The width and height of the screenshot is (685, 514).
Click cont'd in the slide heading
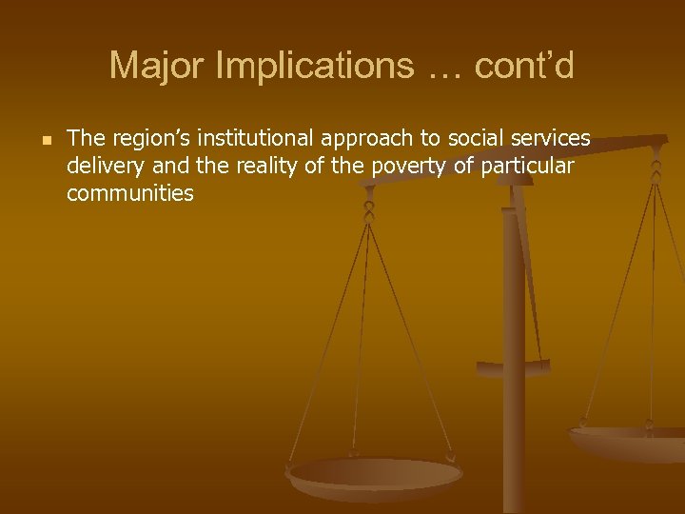tap(524, 66)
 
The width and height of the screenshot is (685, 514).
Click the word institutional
tap(253, 140)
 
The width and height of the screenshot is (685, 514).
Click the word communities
tap(130, 194)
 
